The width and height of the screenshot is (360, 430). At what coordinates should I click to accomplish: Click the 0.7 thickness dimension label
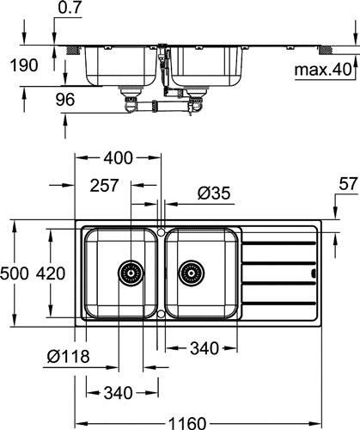70,8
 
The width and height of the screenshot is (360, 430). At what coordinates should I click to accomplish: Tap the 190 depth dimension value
24,65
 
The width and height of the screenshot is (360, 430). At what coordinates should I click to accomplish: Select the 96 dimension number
65,100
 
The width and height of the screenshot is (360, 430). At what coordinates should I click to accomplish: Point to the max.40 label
323,70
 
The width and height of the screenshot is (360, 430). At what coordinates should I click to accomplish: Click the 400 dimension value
118,158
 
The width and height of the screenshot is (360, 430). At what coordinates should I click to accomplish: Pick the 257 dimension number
104,185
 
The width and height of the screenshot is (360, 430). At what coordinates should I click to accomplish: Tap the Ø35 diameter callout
214,193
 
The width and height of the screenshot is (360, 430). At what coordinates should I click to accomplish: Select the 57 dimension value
348,184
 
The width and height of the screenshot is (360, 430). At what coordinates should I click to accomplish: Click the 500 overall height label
15,273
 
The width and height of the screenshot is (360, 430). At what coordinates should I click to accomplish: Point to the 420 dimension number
51,273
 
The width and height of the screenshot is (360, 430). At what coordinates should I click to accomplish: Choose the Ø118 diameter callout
69,356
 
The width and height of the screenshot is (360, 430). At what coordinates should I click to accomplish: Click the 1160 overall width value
186,423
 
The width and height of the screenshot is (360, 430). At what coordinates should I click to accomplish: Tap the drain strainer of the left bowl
131,273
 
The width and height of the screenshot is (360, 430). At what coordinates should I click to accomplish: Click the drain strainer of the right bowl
192,273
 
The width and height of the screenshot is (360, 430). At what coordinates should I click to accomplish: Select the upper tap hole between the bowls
161,231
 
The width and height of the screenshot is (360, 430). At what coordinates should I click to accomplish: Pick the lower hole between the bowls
161,314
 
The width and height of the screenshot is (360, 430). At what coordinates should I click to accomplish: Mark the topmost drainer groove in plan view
278,243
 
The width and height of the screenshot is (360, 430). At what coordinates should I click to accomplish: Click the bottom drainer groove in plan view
278,304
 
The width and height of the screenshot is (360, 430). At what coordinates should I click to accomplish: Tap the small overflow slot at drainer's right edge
314,273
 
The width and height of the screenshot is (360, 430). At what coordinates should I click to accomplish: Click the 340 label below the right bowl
204,348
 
